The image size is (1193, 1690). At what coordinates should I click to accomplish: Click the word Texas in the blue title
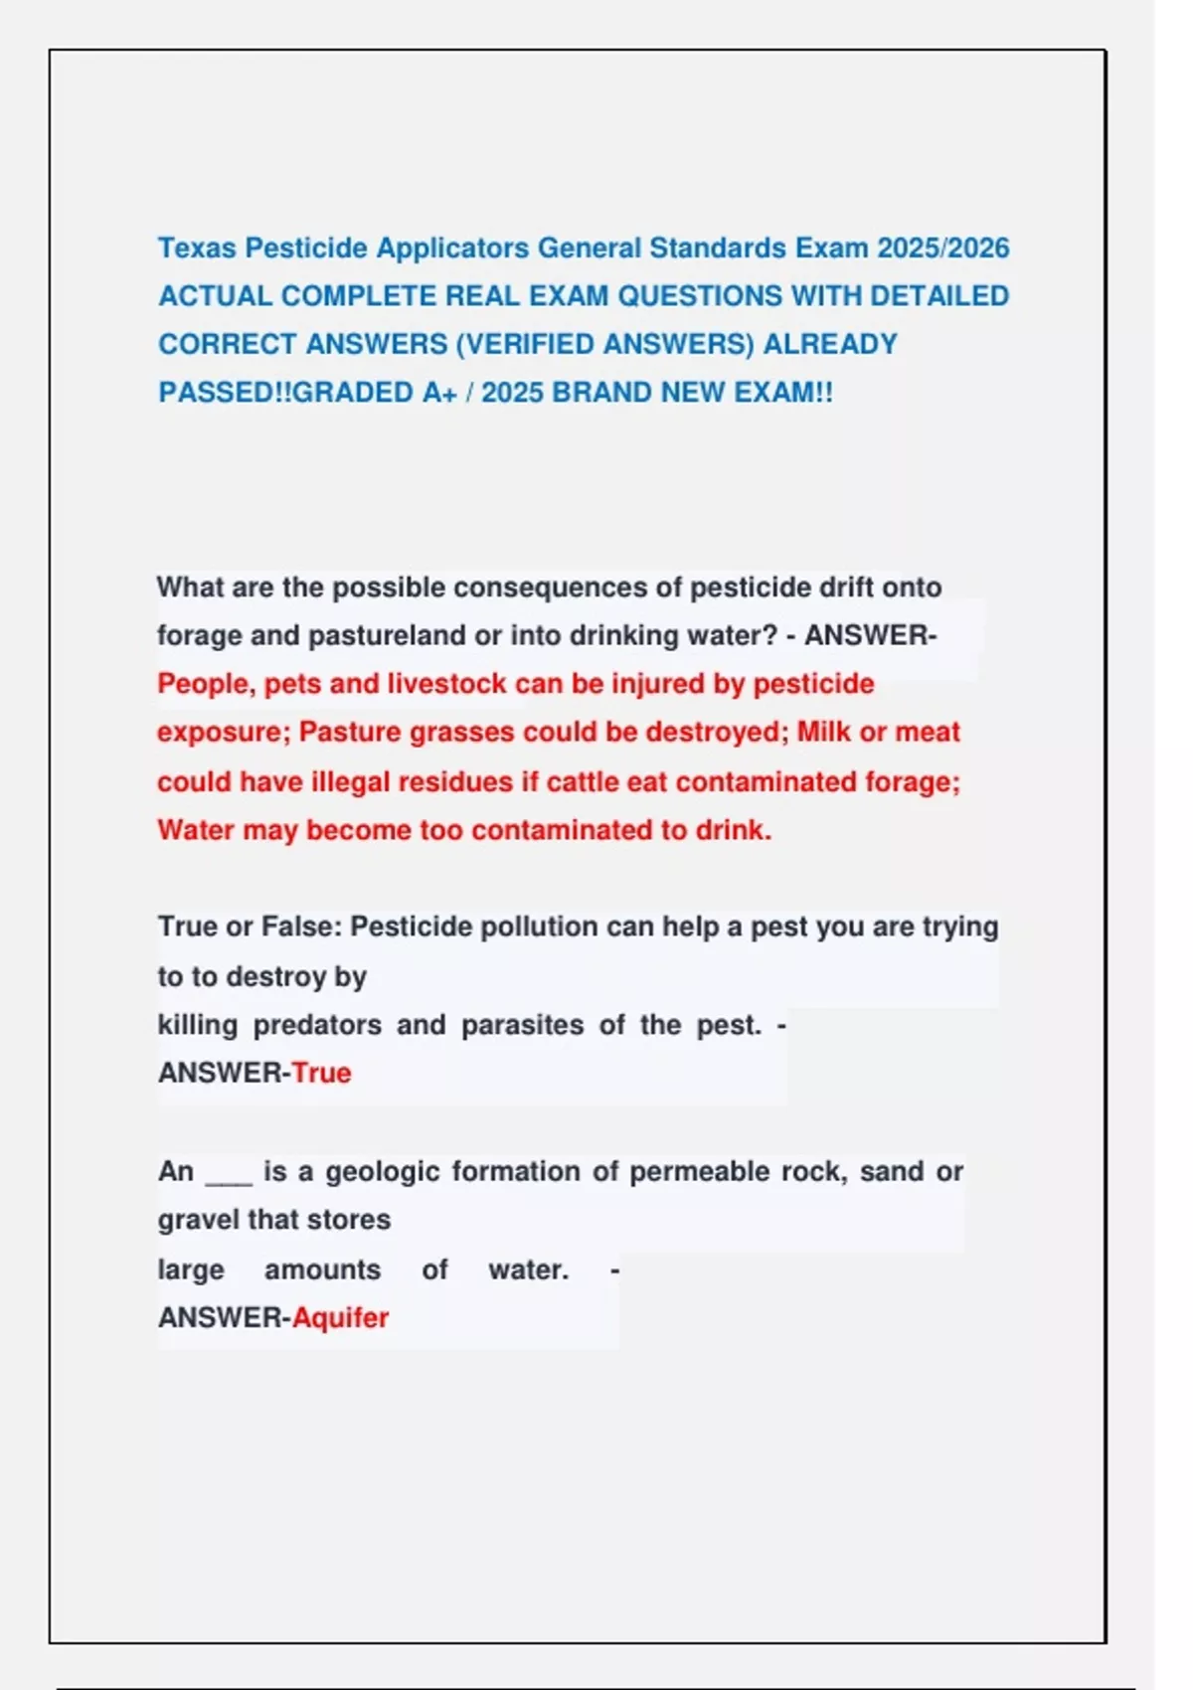point(197,248)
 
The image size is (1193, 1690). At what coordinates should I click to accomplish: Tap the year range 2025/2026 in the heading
point(942,248)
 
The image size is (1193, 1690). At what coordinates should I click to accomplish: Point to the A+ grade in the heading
point(438,393)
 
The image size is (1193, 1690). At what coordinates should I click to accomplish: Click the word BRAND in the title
point(600,393)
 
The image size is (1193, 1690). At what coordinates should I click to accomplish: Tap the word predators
point(317,1025)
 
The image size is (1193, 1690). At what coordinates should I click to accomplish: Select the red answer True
point(321,1073)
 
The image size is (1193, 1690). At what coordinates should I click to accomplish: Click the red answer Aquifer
point(340,1318)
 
